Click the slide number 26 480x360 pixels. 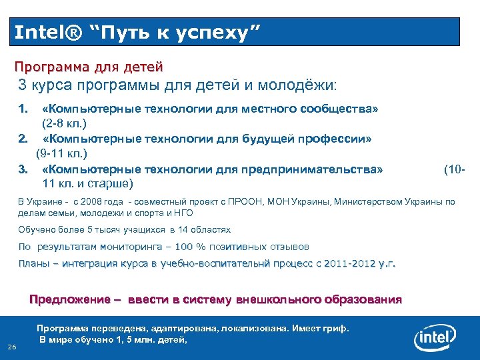pos(11,347)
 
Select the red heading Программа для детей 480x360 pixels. pos(89,67)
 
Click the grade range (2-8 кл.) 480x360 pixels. pos(65,124)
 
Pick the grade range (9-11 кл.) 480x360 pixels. pos(67,155)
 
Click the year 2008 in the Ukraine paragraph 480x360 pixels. pos(89,201)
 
